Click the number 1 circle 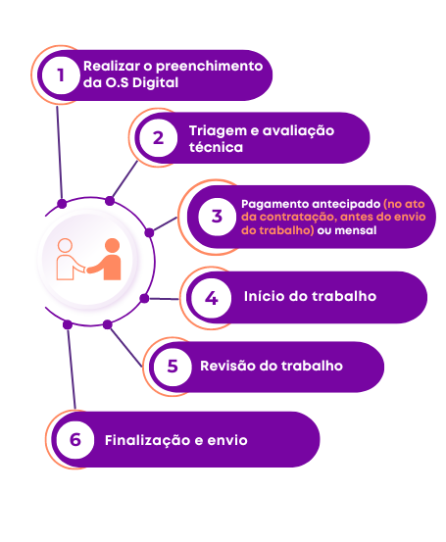point(61,75)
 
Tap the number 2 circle point(159,138)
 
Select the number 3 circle point(218,217)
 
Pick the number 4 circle point(212,298)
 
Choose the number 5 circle point(173,367)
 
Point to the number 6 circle point(75,440)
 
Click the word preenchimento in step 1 point(210,67)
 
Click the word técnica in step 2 point(216,147)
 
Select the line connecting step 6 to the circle point(72,369)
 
